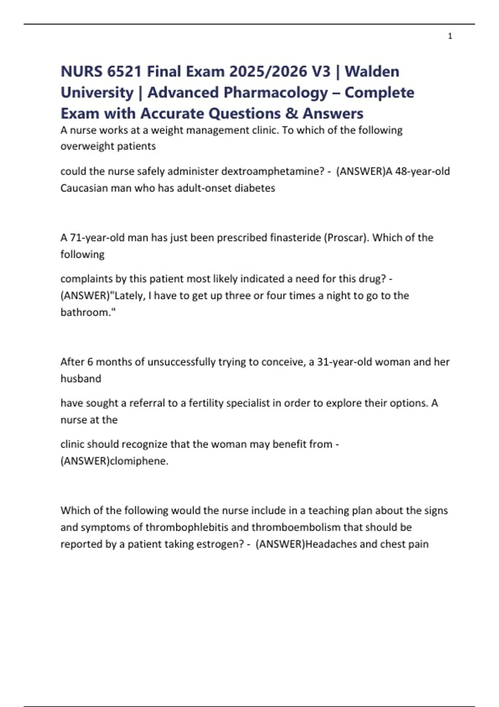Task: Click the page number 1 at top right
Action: pyautogui.click(x=450, y=36)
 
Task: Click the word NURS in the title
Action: pyautogui.click(x=82, y=72)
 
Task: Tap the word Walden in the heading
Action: pyautogui.click(x=372, y=72)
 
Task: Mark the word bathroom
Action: pyautogui.click(x=86, y=312)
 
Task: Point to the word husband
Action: pyautogui.click(x=81, y=378)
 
